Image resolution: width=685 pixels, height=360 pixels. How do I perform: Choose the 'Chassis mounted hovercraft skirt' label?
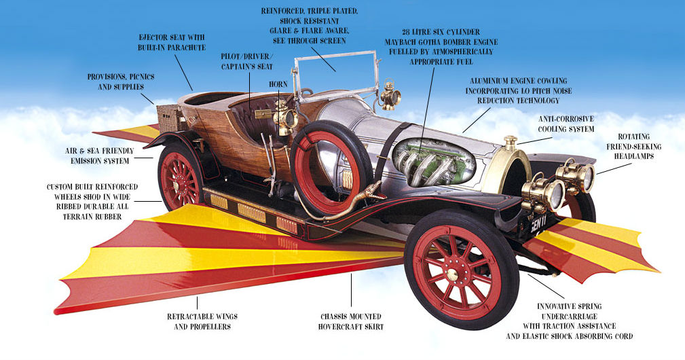pos(351,321)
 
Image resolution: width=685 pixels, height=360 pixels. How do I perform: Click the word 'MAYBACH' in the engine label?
pos(406,42)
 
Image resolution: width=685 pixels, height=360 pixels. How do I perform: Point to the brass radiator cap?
pos(510,143)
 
